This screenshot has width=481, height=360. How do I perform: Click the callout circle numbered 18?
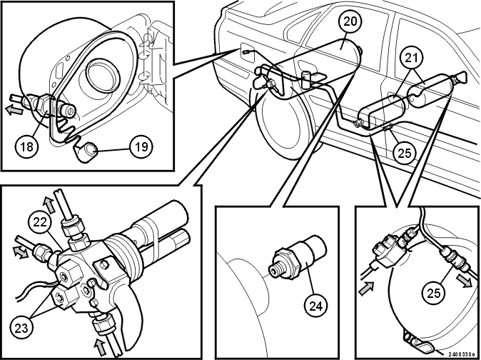point(27,146)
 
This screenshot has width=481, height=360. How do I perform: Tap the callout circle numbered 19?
point(141,147)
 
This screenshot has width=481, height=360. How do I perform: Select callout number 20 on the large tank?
point(350,21)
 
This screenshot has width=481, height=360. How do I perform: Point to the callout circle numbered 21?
point(411,57)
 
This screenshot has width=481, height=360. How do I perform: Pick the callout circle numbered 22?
point(40,222)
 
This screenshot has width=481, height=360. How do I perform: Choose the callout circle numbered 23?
point(21,329)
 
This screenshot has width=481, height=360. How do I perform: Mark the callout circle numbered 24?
point(315,306)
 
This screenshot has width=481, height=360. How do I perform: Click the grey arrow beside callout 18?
point(14,109)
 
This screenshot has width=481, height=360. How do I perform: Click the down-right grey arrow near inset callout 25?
point(464,280)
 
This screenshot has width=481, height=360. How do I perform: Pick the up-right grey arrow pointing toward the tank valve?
point(366,289)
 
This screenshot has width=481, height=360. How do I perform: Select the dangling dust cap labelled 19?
point(86,151)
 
